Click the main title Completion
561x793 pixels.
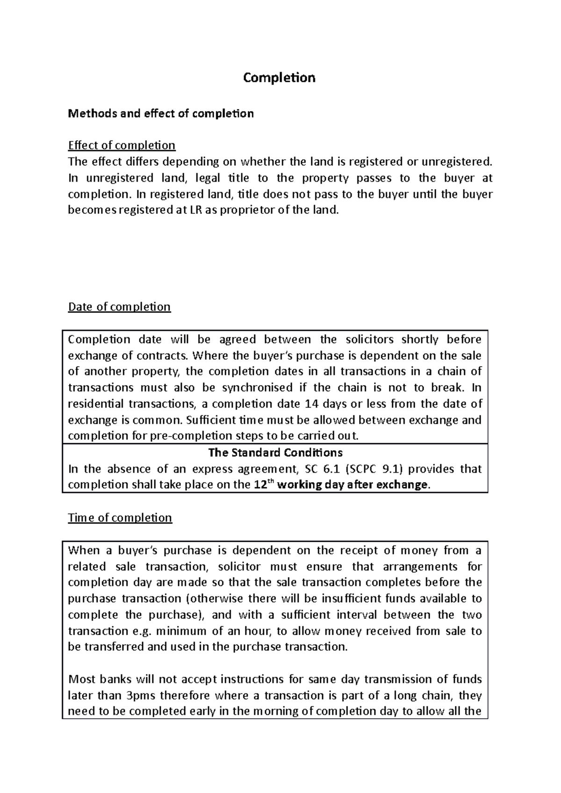279,78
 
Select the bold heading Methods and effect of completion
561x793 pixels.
161,113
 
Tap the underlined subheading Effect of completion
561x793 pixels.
122,145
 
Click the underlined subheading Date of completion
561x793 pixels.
119,307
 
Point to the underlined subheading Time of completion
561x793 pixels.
120,518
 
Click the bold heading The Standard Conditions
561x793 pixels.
275,453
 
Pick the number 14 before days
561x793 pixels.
310,404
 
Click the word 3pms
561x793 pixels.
142,695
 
